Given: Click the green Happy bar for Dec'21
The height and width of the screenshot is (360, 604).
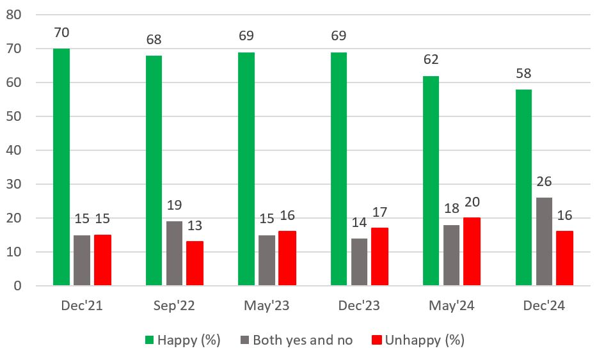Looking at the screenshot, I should point(61,166).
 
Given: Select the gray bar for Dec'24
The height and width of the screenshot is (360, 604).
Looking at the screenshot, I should point(544,241).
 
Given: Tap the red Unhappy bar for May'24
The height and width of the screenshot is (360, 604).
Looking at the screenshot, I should point(472,251).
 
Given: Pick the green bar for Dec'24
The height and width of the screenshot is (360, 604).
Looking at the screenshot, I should point(523,187).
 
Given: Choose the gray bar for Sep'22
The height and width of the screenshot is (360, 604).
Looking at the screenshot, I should point(175,253).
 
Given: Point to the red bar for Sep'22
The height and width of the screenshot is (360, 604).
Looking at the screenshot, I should point(195,263).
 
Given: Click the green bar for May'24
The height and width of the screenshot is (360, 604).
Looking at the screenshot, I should point(431,180).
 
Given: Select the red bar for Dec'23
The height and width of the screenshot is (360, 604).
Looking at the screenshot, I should point(379,256).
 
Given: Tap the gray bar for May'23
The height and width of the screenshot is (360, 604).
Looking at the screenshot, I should point(267,260).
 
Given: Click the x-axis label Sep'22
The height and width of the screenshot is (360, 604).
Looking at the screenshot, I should point(174,306).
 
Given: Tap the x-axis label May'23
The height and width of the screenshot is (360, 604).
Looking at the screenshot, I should point(267,306).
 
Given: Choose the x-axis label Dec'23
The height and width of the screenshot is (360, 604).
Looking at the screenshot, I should point(359,306).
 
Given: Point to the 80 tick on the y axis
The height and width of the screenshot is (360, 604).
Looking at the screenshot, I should point(13,15).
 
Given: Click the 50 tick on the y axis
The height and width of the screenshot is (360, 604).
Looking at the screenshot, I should point(13,116).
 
